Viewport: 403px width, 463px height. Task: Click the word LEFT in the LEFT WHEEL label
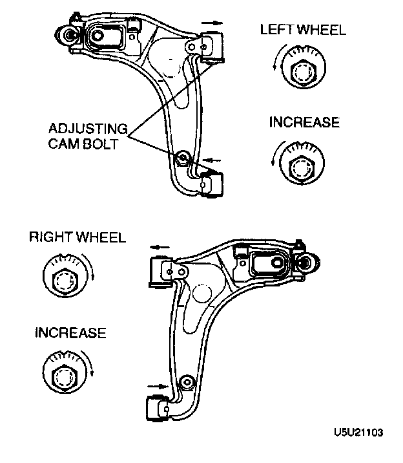(x=275, y=29)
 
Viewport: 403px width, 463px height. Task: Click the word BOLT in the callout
(x=101, y=143)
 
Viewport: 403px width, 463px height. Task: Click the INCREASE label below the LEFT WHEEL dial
(x=304, y=123)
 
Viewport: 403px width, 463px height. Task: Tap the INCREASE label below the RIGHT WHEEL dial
(x=70, y=333)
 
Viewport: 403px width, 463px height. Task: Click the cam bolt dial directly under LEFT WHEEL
(x=301, y=68)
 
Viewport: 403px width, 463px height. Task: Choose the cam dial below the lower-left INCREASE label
(x=66, y=373)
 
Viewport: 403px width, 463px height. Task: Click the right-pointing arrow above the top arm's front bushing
(x=216, y=23)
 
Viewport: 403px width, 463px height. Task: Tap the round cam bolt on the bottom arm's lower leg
(x=188, y=382)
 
